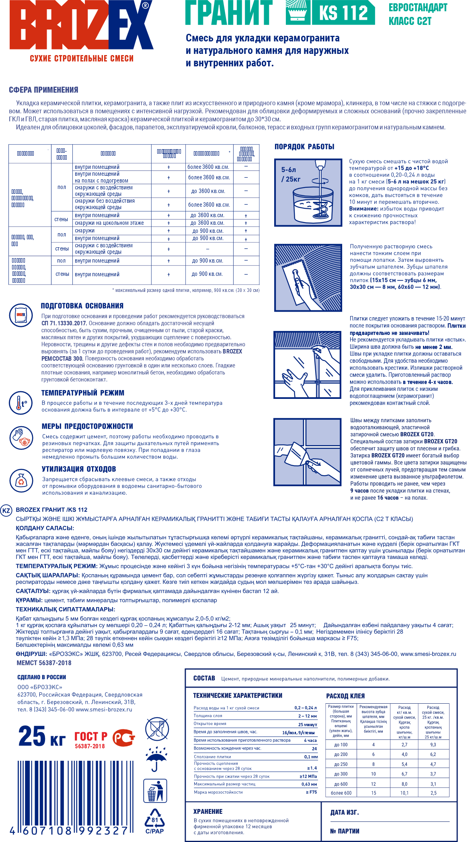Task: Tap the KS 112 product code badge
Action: pos(343,13)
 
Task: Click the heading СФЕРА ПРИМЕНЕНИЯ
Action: pos(43,90)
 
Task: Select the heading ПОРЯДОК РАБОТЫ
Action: pos(304,147)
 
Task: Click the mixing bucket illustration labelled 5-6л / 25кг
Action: pos(308,193)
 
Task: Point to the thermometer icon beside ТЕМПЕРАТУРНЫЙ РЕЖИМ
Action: pos(21,403)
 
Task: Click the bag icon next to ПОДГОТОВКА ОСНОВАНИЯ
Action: pos(21,315)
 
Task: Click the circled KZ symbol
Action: pos(6,511)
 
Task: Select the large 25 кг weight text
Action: pos(42,737)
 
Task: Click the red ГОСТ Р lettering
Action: pos(91,736)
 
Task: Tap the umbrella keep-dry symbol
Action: pos(156,759)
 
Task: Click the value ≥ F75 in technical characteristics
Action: pos(311,792)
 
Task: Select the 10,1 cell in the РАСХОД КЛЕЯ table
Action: pos(404,793)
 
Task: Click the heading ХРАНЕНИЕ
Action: pos(207,811)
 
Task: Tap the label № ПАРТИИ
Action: pos(345,831)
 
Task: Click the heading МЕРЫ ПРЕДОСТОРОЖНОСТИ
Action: pos(87,426)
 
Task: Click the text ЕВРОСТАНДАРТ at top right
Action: pos(418,8)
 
